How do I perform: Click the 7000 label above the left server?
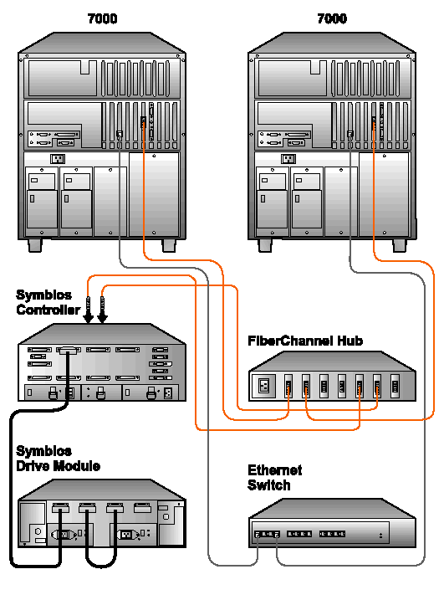[102, 18]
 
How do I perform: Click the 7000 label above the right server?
[332, 18]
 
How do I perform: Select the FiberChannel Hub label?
[305, 341]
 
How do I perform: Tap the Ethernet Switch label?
[274, 477]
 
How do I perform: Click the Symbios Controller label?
[48, 302]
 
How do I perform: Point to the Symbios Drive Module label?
[59, 459]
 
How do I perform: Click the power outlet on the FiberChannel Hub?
[264, 385]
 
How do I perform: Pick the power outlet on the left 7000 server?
[58, 158]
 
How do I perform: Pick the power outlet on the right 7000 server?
[288, 158]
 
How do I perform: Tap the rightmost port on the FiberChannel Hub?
[395, 386]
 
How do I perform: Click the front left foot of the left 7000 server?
[35, 246]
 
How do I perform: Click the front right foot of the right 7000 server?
[399, 246]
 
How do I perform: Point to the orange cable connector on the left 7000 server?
[144, 122]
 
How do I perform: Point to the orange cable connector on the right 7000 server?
[374, 122]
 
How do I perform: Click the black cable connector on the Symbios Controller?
[68, 350]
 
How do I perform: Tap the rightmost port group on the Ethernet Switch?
[332, 533]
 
